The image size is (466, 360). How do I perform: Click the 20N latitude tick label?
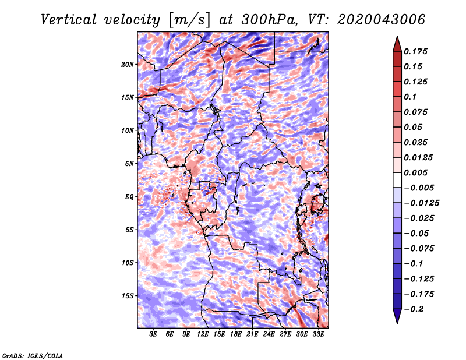pyautogui.click(x=127, y=65)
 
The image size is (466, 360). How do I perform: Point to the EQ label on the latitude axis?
pyautogui.click(x=129, y=197)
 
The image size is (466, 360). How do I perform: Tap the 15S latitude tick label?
pyautogui.click(x=128, y=296)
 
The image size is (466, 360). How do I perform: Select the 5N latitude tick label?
pyautogui.click(x=129, y=164)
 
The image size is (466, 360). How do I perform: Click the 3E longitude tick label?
pyautogui.click(x=153, y=334)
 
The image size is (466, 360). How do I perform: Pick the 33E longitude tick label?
pyautogui.click(x=318, y=334)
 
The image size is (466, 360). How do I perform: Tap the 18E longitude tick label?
pyautogui.click(x=236, y=334)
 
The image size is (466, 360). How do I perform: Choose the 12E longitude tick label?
pyautogui.click(x=203, y=334)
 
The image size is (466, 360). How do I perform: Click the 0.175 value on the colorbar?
pyautogui.click(x=415, y=51)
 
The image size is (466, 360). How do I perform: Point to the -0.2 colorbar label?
pyautogui.click(x=414, y=309)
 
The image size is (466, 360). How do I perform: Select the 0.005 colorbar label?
pyautogui.click(x=415, y=172)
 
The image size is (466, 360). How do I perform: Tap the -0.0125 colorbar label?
pyautogui.click(x=421, y=203)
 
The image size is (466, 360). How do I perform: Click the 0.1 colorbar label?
pyautogui.click(x=410, y=97)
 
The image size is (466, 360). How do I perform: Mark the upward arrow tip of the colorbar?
pyautogui.click(x=397, y=36)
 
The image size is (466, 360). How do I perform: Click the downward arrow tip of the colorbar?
pyautogui.click(x=397, y=324)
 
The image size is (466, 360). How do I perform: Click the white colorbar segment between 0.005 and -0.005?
pyautogui.click(x=397, y=180)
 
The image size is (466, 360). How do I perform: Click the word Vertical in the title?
pyautogui.click(x=69, y=20)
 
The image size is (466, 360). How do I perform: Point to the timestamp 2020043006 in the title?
pyautogui.click(x=382, y=20)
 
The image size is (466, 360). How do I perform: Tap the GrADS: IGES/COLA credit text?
pyautogui.click(x=33, y=356)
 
